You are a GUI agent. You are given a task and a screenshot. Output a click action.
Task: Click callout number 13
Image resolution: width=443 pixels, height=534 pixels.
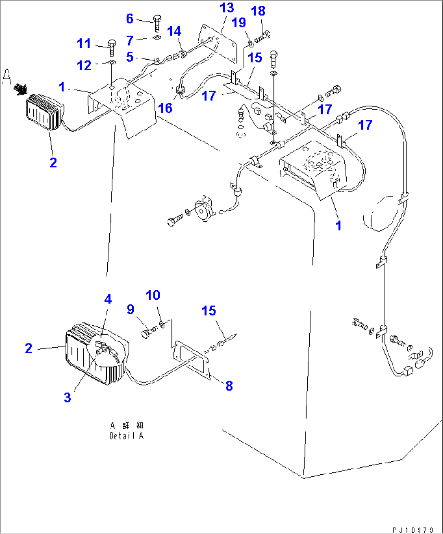(227, 8)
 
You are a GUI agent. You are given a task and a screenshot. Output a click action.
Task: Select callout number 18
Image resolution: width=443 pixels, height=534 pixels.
(258, 11)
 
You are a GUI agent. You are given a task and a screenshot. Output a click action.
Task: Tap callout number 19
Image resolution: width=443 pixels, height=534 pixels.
(239, 22)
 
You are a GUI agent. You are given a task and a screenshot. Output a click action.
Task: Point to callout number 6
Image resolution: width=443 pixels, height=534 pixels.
(130, 19)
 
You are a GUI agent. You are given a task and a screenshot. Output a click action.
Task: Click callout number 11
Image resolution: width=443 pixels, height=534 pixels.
(84, 43)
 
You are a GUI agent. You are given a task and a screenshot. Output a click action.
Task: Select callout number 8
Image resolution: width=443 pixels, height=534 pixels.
(229, 386)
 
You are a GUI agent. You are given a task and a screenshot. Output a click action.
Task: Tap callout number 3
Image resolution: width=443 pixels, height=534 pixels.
(67, 398)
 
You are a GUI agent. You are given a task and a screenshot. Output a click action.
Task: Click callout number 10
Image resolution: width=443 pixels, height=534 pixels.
(153, 295)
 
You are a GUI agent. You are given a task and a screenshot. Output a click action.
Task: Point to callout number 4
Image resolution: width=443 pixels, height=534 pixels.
(108, 299)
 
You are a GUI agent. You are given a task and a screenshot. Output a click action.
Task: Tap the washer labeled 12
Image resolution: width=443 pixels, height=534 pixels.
(112, 63)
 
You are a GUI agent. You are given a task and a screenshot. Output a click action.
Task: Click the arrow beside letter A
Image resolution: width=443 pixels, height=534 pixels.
(20, 88)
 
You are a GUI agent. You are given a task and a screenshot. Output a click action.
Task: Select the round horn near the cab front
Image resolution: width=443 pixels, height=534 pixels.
(202, 210)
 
